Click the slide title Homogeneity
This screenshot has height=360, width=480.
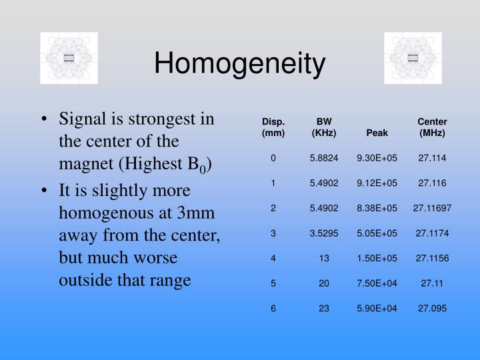240,64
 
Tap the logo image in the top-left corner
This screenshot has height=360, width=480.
69,58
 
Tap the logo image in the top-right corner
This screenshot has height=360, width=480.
413,58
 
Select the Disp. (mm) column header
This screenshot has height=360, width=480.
273,127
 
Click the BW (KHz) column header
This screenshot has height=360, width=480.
324,127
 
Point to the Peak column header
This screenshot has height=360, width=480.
377,133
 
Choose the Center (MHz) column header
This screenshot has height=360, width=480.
432,127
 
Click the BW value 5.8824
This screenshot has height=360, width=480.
324,158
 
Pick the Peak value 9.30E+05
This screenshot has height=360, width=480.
377,158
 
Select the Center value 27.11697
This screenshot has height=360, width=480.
432,208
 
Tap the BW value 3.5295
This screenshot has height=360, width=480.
324,233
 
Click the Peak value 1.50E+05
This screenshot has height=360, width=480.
377,258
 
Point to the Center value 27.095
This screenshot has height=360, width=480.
432,308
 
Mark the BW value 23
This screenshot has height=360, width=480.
324,308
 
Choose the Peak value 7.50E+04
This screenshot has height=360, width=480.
377,283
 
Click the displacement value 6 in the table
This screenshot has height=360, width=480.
273,308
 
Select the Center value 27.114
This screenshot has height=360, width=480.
432,158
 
